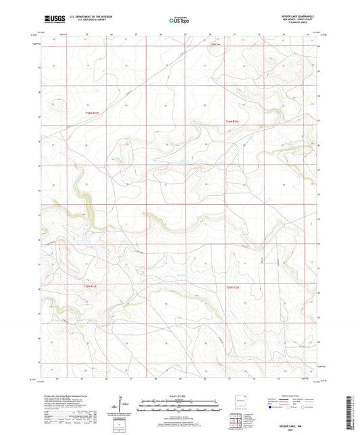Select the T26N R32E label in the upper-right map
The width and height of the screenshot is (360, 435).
coord(232,120)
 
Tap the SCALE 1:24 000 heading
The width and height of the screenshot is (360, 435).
coord(179,396)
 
